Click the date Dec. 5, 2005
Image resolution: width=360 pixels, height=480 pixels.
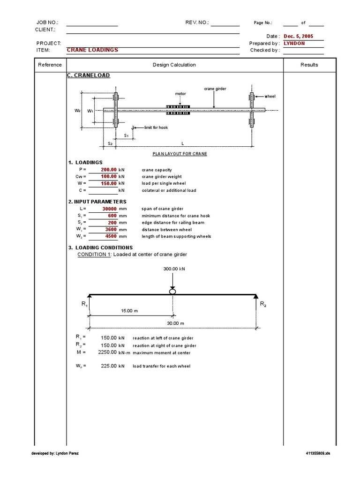299,36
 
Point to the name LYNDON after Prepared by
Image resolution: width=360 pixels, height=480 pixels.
294,43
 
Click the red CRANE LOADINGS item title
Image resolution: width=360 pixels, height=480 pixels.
92,50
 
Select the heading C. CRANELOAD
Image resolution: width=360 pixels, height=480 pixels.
89,75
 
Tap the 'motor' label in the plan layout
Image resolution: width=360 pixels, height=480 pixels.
180,94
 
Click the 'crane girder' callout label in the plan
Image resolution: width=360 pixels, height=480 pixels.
215,89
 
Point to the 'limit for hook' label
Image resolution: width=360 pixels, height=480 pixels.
156,127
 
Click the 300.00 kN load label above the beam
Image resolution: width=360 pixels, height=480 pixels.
174,269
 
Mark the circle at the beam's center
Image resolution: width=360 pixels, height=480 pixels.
172,292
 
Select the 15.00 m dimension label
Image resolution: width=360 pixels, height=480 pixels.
130,311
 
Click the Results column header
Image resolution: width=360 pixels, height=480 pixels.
309,65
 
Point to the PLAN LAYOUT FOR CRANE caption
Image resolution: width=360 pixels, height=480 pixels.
180,154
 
